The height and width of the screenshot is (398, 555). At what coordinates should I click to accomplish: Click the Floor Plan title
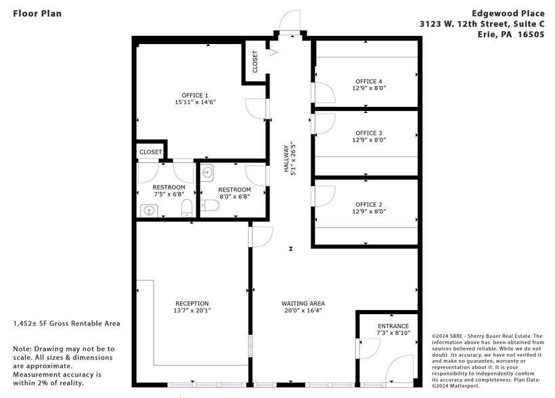[x=32, y=13]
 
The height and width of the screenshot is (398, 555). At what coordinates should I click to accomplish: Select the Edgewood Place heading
[x=504, y=13]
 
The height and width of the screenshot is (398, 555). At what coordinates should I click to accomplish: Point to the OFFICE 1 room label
[x=195, y=95]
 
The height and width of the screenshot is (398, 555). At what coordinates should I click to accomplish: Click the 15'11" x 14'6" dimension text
[x=195, y=103]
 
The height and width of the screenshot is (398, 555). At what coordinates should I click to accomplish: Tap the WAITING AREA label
[x=303, y=303]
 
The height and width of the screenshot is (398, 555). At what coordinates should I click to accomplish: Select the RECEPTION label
[x=192, y=303]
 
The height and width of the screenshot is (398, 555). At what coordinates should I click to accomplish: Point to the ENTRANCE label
[x=393, y=326]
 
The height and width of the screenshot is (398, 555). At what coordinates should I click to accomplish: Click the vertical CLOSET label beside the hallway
[x=255, y=62]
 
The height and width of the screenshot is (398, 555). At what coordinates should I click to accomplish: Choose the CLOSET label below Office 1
[x=150, y=152]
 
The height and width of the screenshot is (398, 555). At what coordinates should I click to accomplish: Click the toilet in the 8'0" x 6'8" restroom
[x=211, y=205]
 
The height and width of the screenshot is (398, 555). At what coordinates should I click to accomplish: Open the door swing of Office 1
[x=255, y=107]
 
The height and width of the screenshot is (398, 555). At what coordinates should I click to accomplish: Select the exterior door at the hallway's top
[x=289, y=22]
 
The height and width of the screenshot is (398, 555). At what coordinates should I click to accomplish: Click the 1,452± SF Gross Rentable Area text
[x=66, y=324]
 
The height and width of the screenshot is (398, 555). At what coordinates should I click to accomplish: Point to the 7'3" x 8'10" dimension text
[x=393, y=334]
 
